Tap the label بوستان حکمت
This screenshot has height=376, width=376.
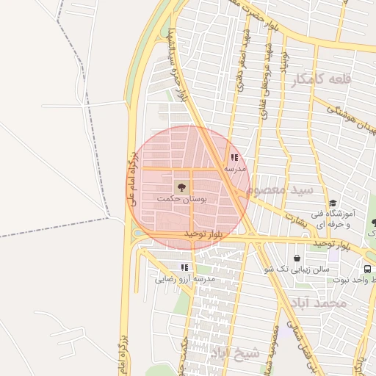click(182, 199)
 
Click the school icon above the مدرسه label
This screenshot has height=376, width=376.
click(234, 157)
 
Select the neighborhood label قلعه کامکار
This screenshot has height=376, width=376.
click(322, 79)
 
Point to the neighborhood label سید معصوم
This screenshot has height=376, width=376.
click(280, 189)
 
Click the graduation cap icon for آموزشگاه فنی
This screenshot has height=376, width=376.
click(333, 203)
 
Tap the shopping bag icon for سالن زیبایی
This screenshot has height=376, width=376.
click(297, 258)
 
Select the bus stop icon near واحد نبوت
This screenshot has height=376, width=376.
click(366, 269)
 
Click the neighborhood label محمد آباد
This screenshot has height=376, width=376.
click(318, 303)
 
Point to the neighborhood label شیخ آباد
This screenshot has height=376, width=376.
click(235, 353)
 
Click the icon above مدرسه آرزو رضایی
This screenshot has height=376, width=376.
click(184, 267)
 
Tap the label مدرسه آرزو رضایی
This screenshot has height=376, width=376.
click(184, 279)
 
